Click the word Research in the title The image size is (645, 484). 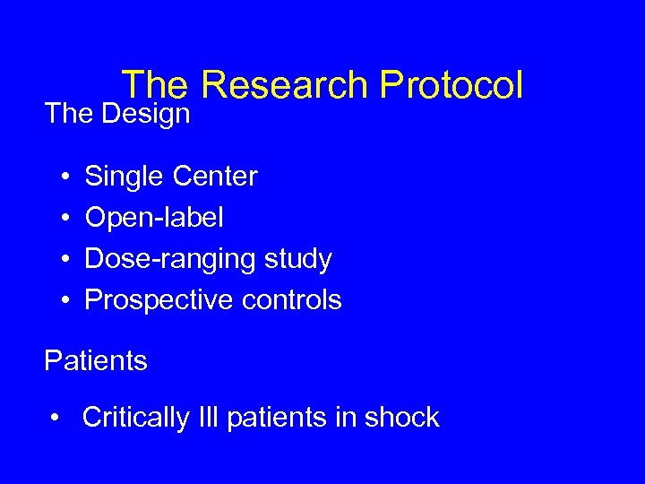pyautogui.click(x=283, y=85)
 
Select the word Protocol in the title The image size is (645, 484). pyautogui.click(x=451, y=85)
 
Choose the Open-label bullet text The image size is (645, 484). pyautogui.click(x=154, y=218)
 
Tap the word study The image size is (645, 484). pyautogui.click(x=297, y=260)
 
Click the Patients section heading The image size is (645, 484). pyautogui.click(x=96, y=361)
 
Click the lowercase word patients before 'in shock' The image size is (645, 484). pyautogui.click(x=277, y=418)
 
